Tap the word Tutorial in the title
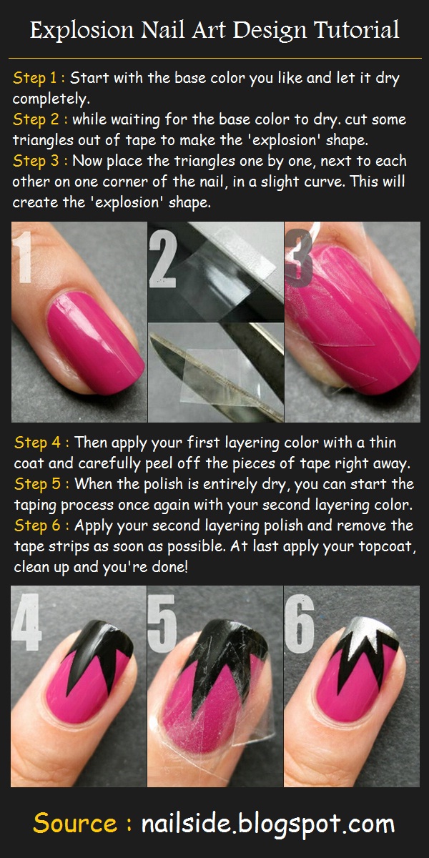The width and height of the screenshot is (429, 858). (357, 30)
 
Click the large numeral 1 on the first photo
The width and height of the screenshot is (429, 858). (24, 257)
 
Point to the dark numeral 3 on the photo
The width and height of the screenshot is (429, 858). (299, 258)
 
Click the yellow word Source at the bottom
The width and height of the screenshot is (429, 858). (75, 823)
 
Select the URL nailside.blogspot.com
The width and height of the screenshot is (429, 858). (268, 824)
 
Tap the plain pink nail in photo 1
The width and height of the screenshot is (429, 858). (95, 342)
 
